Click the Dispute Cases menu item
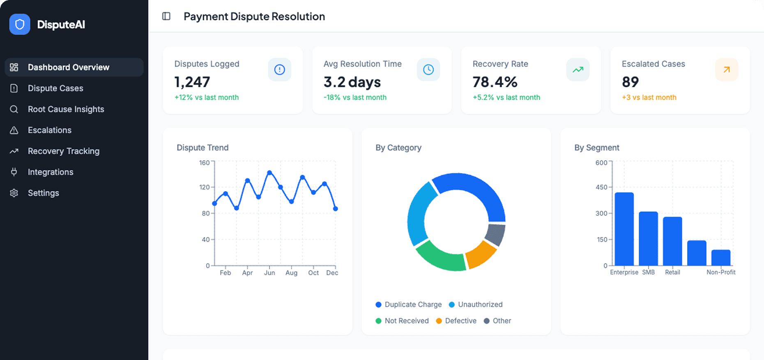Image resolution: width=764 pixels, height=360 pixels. (55, 88)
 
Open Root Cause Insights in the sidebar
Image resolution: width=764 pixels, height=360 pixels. (66, 109)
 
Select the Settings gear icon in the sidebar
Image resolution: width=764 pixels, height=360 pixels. (14, 193)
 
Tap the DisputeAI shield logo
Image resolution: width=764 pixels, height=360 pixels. (20, 25)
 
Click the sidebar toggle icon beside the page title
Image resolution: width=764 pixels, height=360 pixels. (166, 16)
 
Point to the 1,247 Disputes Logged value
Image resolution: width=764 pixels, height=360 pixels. (192, 82)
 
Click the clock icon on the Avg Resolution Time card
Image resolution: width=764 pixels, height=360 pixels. (428, 69)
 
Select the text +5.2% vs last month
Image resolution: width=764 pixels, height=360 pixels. (506, 97)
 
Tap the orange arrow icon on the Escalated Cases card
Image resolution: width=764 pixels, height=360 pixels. (726, 69)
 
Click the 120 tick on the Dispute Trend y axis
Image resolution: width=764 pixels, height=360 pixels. (205, 187)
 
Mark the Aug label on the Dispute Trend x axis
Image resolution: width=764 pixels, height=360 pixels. (291, 273)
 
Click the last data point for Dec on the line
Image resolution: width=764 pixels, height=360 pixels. (336, 209)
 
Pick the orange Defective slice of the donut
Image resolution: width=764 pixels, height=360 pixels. (481, 254)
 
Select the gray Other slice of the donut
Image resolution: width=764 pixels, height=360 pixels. (495, 235)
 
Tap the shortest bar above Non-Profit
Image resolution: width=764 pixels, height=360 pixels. (721, 258)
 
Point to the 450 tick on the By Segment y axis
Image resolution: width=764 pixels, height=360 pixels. (601, 187)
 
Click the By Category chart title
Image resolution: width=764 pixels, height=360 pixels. (398, 148)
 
